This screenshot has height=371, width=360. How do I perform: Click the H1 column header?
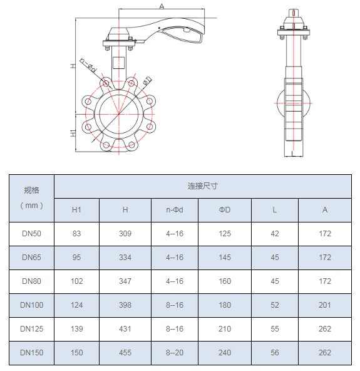(76, 210)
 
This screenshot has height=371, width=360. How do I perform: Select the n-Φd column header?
(175, 210)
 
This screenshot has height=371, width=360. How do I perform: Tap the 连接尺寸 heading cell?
(203, 186)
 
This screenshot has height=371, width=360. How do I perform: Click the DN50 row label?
(31, 234)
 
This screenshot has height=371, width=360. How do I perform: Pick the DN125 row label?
(32, 328)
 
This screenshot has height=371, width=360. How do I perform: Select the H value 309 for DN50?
(125, 234)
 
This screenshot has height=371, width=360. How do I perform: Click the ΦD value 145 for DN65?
(225, 257)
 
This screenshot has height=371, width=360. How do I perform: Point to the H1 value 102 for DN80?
(77, 281)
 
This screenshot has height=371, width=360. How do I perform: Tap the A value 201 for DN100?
(325, 305)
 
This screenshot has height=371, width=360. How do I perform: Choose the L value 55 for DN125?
(275, 328)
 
